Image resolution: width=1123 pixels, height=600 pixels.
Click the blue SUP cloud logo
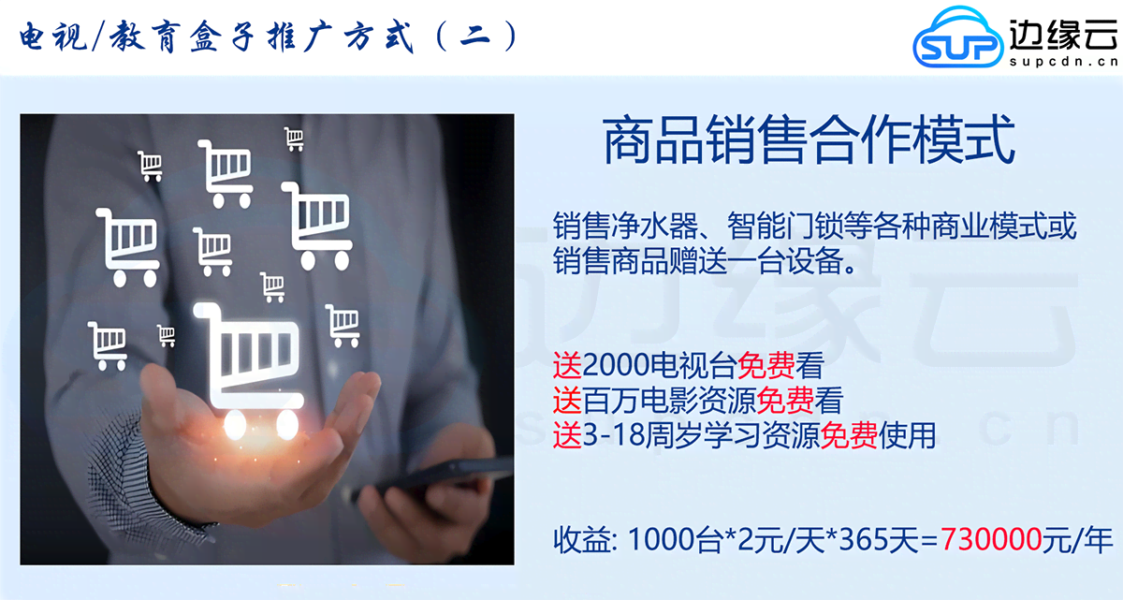[x=956, y=38]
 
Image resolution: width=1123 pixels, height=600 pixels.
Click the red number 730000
[x=992, y=539]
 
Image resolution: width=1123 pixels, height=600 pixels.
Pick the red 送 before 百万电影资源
[x=567, y=401]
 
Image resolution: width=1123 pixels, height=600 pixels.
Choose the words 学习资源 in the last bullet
[x=763, y=434]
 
